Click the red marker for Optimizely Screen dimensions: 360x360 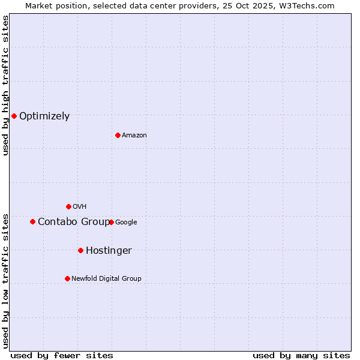click(14, 116)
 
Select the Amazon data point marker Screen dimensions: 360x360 click(118, 135)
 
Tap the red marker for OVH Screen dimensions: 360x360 click(68, 206)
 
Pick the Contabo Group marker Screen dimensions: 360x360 click(32, 221)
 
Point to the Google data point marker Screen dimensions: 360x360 click(111, 222)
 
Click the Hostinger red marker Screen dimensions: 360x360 click(80, 250)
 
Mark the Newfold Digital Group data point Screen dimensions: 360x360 click(67, 278)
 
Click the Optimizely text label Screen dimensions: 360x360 click(44, 116)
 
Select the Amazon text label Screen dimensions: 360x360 click(134, 136)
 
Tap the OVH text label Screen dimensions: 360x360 click(80, 207)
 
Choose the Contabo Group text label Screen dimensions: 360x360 click(73, 222)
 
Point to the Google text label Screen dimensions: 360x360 click(126, 223)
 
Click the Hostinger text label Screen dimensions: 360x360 click(109, 251)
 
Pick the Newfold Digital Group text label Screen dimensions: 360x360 click(106, 279)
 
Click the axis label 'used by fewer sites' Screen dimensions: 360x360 click(62, 355)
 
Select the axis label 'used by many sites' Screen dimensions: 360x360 click(301, 355)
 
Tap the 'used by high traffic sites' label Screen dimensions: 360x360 click(5, 85)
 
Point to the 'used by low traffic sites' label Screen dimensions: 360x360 click(5, 280)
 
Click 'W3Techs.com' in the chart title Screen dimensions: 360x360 click(309, 5)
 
